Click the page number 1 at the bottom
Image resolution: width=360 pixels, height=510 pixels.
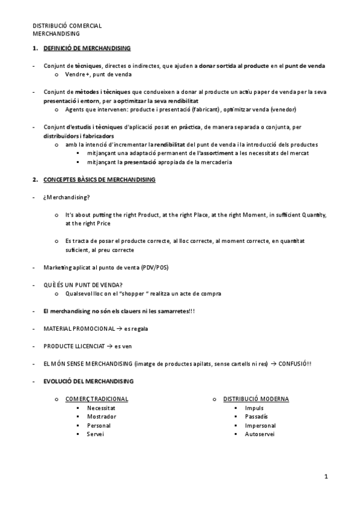326,477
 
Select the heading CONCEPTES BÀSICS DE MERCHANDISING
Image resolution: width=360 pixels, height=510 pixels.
100,179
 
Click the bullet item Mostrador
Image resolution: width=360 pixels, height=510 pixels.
102,416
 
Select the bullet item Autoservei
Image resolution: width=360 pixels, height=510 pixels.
260,434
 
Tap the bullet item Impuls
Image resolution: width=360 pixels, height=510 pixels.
254,408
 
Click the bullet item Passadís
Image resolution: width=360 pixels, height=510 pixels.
257,416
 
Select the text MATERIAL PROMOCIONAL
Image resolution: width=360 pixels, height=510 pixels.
79,329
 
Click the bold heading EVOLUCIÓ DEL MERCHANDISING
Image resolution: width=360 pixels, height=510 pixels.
88,381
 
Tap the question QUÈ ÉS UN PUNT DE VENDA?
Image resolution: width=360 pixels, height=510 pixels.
83,284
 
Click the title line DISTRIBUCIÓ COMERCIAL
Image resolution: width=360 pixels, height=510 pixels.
67,26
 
